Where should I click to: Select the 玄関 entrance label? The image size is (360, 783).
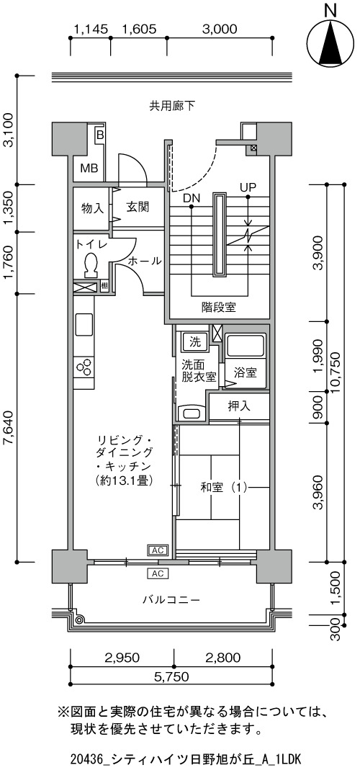137,207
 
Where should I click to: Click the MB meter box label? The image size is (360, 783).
89,168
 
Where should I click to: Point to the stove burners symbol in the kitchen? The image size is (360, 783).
84,367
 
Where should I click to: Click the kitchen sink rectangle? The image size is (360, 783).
84,325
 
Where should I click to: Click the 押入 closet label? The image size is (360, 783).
238,406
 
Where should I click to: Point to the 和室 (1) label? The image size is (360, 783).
224,487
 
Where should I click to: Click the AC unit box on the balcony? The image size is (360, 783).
158,573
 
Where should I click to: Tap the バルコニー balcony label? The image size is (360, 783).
171,599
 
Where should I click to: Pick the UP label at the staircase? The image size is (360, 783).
248,188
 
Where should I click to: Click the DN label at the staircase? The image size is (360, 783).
192,198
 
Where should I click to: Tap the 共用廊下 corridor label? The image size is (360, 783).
172,105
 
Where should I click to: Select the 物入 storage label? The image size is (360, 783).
92,207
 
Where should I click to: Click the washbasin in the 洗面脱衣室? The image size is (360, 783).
191,413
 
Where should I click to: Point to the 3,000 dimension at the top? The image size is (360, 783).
219,30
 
